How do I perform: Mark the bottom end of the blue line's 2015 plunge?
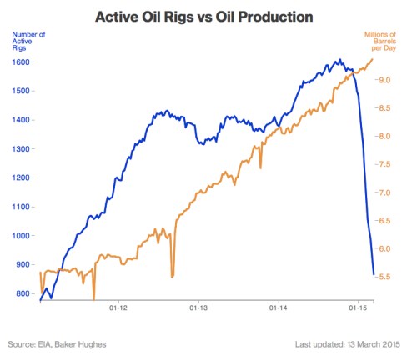click(x=373, y=273)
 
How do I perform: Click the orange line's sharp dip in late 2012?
click(x=172, y=276)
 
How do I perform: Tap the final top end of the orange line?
click(x=372, y=58)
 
